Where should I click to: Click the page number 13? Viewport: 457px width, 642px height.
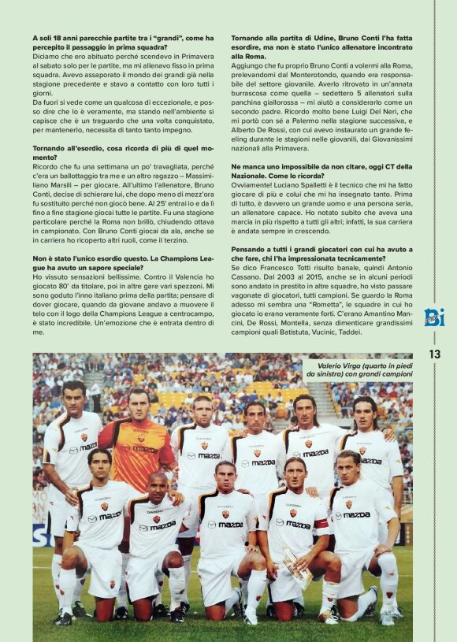(434, 354)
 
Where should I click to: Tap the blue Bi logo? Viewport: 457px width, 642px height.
(434, 317)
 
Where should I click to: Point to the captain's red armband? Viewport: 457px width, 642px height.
(321, 523)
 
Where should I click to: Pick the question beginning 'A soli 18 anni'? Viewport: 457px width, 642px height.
(123, 42)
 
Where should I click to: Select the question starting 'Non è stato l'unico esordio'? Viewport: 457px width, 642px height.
(123, 262)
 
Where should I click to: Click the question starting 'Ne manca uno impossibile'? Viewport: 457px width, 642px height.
(321, 171)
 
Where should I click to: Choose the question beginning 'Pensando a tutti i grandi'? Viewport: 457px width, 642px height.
(321, 254)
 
